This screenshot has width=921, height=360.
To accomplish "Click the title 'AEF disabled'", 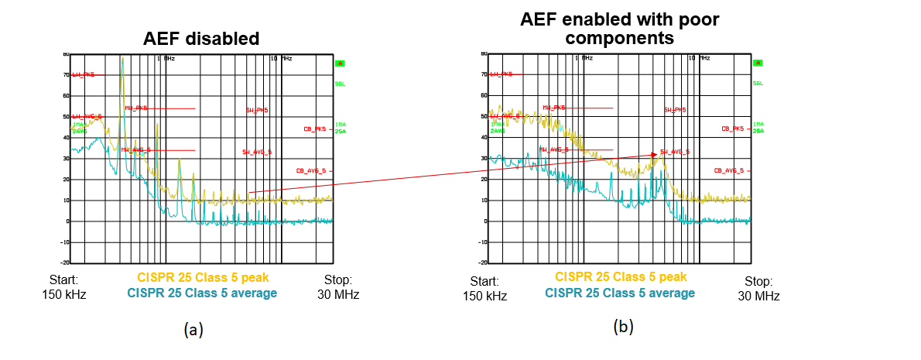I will pos(200,39).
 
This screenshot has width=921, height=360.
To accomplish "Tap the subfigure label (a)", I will pos(193,330).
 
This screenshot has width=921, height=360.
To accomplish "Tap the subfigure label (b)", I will pos(623,327).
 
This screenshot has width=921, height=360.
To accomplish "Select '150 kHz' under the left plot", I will pos(63,294).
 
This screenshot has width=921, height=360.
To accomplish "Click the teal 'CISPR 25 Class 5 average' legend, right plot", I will pos(620,293).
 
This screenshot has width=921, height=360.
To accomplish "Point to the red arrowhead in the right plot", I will pos(655,155).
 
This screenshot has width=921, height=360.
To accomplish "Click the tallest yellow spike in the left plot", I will pos(122,60).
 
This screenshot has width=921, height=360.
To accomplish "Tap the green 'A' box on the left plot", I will pos(340,63).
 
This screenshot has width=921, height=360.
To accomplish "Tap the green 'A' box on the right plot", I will pos(758,63).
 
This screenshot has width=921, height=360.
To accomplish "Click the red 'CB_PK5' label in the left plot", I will pos(318,129).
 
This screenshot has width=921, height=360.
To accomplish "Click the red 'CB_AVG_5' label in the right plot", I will pos(729,170).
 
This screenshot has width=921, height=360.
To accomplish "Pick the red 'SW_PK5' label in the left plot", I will pos(257,111).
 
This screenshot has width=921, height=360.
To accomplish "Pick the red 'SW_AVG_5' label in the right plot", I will pos(675,152).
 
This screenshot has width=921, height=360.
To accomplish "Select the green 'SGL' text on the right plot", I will pos(758,83).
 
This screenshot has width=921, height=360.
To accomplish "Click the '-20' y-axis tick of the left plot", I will pos(66,262).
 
